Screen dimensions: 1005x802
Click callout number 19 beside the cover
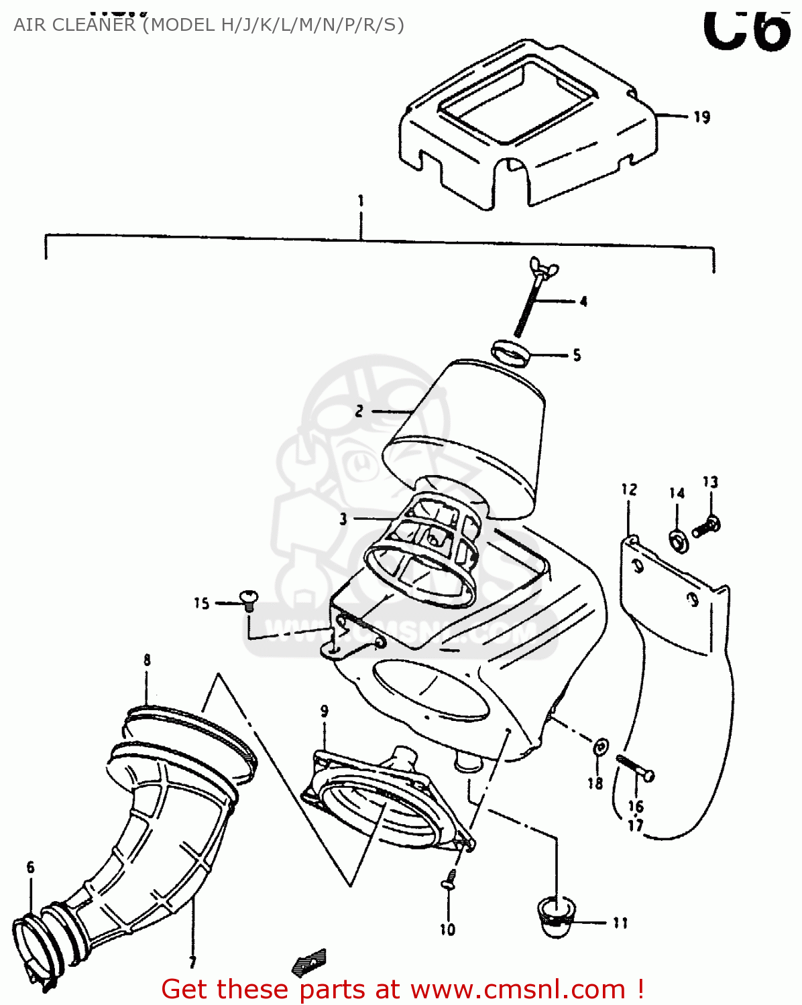pyautogui.click(x=701, y=117)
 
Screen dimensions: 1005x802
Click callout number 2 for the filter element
pyautogui.click(x=359, y=411)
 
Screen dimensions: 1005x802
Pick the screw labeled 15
pyautogui.click(x=248, y=598)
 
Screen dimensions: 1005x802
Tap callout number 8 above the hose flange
pyautogui.click(x=147, y=660)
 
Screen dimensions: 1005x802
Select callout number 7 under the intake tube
pyautogui.click(x=192, y=962)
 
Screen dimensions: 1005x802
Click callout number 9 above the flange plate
pyautogui.click(x=325, y=711)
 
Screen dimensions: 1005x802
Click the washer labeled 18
pyautogui.click(x=601, y=746)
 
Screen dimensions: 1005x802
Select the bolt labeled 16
pyautogui.click(x=634, y=768)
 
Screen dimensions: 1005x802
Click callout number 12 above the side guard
pyautogui.click(x=629, y=489)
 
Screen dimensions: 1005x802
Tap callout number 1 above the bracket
pyautogui.click(x=361, y=200)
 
